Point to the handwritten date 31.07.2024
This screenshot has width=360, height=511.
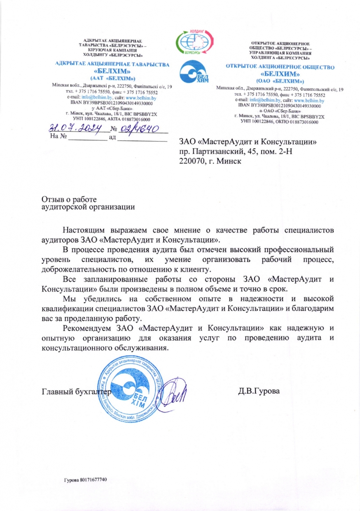[x=75, y=128]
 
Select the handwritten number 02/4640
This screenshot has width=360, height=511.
[x=139, y=128]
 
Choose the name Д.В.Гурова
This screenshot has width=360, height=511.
[x=259, y=391]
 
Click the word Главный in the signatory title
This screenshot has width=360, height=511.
[x=57, y=392]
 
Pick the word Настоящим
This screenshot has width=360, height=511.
[x=84, y=230]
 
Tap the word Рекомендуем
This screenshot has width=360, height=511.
[x=87, y=328]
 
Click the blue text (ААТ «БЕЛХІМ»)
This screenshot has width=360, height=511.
[x=113, y=78]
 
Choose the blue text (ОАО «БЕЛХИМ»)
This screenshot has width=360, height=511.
[x=280, y=81]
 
